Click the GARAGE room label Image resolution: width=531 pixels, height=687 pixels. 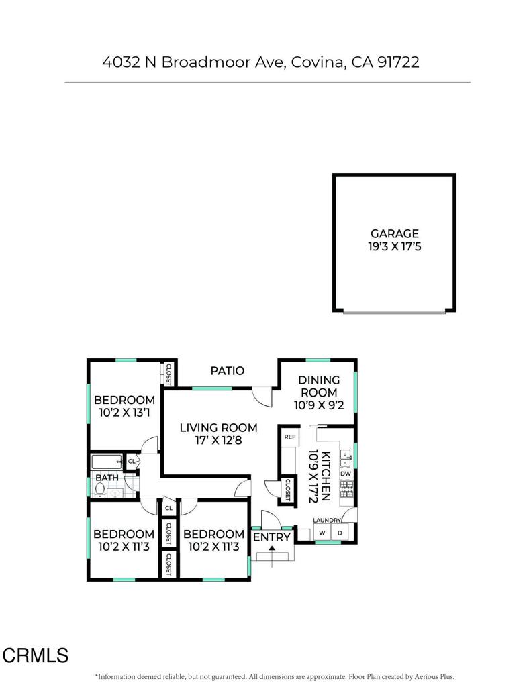pyautogui.click(x=395, y=233)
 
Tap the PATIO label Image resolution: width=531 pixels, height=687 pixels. pyautogui.click(x=227, y=370)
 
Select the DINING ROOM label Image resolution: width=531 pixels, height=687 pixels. pyautogui.click(x=319, y=386)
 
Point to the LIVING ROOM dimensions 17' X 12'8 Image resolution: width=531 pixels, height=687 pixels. pyautogui.click(x=218, y=440)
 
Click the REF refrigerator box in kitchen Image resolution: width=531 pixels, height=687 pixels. pyautogui.click(x=290, y=437)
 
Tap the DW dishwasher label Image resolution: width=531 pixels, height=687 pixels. pyautogui.click(x=346, y=474)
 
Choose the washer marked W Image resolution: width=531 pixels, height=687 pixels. pyautogui.click(x=322, y=533)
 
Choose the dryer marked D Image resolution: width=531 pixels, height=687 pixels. pyautogui.click(x=340, y=533)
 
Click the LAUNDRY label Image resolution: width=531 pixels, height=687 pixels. pyautogui.click(x=327, y=520)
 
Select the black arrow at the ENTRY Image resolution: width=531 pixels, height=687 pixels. pyautogui.click(x=272, y=547)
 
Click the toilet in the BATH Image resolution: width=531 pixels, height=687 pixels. pyautogui.click(x=100, y=490)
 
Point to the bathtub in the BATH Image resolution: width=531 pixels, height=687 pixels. pyautogui.click(x=107, y=462)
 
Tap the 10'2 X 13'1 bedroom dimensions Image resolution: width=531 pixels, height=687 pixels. pyautogui.click(x=124, y=413)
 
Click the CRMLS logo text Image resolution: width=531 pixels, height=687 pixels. pyautogui.click(x=36, y=655)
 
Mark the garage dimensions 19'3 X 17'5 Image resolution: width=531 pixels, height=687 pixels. pyautogui.click(x=395, y=246)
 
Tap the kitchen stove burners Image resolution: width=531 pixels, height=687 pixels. pyautogui.click(x=346, y=489)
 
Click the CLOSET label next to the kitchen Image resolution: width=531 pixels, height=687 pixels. pyautogui.click(x=287, y=490)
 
